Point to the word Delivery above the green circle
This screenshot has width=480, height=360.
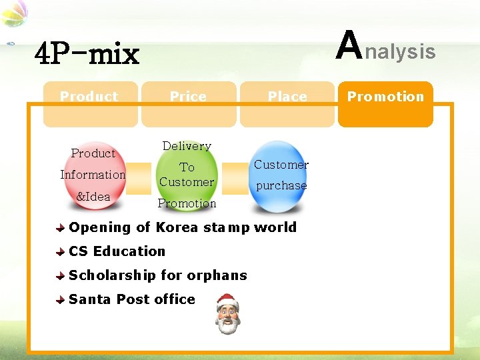point(187,146)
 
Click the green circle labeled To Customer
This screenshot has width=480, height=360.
point(187,175)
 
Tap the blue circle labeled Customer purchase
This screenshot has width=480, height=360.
point(281,176)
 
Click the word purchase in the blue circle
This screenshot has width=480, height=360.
point(281,185)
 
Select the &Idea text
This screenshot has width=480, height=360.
point(93,197)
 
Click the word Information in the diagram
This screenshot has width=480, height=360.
point(93,175)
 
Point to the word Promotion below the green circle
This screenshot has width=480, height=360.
point(187,203)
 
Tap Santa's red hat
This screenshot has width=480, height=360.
point(227,298)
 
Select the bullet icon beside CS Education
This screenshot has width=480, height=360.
point(61,252)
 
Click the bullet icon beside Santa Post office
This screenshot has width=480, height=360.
point(61,300)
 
